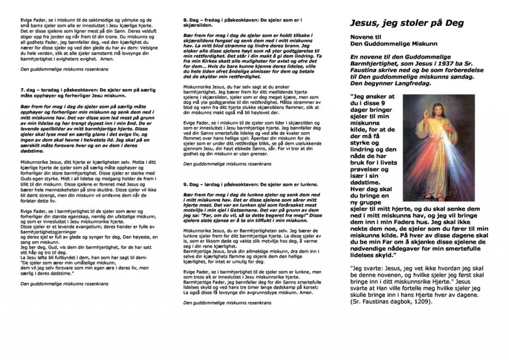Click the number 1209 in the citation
(431, 301)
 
